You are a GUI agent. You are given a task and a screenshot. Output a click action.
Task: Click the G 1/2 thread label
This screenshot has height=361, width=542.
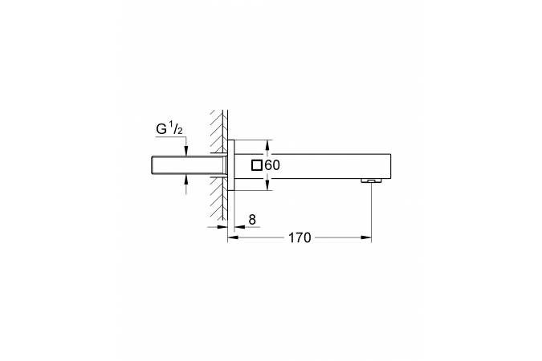pos(169,129)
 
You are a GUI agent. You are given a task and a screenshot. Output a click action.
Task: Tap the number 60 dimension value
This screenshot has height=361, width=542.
pos(272,165)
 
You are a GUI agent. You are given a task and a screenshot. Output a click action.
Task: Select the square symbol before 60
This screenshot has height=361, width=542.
pos(257,165)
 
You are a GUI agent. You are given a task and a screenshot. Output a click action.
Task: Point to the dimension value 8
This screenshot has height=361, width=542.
pos(252,219)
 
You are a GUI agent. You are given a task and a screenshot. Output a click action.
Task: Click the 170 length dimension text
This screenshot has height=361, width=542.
pos(300,237)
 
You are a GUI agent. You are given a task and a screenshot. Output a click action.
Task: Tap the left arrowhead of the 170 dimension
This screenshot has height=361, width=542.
pos(233,237)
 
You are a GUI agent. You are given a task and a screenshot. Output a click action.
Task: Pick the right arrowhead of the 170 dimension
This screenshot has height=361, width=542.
pos(366,237)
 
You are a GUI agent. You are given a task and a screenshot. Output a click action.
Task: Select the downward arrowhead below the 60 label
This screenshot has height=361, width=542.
pos(267,185)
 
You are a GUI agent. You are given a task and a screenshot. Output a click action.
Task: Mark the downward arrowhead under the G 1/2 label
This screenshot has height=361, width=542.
pos(186,151)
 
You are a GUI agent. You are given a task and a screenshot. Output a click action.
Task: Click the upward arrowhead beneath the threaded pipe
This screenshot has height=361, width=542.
pos(186,180)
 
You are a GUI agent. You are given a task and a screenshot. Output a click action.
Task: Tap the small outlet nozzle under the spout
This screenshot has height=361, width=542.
pos(371,180)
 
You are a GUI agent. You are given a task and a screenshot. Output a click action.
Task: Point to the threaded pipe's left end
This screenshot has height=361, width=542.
pos(153,165)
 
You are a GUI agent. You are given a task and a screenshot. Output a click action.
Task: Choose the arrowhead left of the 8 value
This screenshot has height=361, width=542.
pos(239,227)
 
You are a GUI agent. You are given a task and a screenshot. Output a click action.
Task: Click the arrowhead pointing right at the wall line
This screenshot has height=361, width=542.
pos(222,227)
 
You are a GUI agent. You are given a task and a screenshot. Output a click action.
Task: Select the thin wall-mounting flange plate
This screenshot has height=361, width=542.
pos(231,165)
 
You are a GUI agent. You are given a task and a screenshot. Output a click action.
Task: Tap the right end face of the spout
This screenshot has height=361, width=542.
pos(390,166)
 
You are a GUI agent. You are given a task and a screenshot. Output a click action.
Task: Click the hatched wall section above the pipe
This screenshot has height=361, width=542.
pos(218,132)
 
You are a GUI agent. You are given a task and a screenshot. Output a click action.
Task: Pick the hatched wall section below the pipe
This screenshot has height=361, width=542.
pos(218,199)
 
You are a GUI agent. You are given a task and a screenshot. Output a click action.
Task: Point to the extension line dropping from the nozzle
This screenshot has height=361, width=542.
pos(371,212)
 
